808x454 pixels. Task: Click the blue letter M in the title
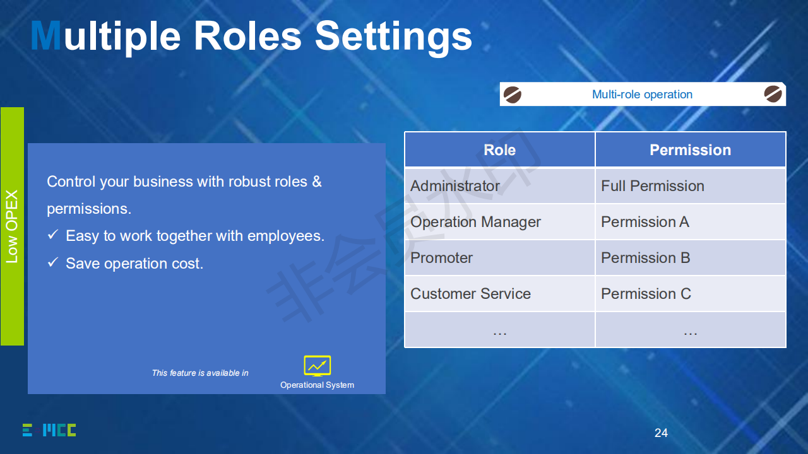46,35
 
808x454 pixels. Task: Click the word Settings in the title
393,37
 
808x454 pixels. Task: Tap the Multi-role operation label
642,95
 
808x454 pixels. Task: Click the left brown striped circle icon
512,95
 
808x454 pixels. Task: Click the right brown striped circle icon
773,94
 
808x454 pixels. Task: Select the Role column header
499,150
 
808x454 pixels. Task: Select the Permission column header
691,150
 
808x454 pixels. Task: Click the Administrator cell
499,186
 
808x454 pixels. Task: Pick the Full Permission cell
691,186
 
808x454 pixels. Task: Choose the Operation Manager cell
499,222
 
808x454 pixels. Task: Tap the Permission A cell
691,222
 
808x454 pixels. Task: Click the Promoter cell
499,258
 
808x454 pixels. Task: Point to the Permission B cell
691,258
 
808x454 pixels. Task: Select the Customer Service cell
499,294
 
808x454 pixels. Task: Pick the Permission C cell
691,294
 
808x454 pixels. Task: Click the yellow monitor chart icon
318,366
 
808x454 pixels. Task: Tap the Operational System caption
317,385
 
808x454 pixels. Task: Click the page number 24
661,433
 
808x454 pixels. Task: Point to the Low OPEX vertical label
12,226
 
